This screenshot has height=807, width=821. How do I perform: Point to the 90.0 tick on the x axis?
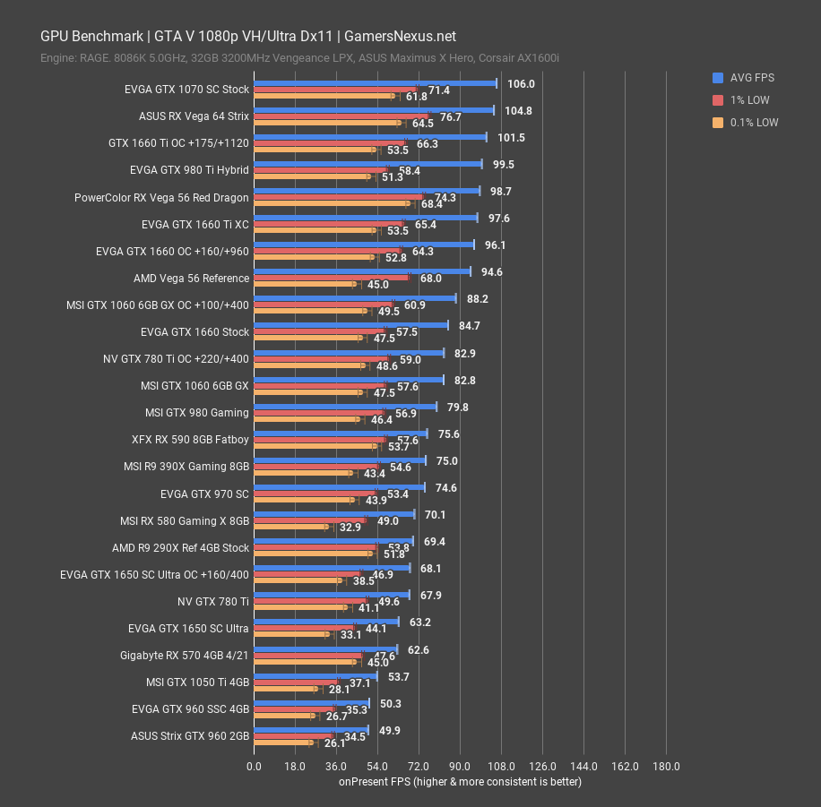click(460, 767)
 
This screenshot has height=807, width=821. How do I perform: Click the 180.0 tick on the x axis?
click(666, 767)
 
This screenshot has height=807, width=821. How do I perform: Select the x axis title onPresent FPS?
click(460, 782)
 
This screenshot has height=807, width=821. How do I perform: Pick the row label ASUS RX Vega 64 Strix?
click(194, 116)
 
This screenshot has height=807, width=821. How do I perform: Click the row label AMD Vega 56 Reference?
click(191, 279)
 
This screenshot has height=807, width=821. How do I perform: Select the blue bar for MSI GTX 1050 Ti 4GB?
click(315, 676)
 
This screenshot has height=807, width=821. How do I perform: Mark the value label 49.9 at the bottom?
click(390, 731)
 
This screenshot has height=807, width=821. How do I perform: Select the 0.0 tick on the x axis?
click(254, 767)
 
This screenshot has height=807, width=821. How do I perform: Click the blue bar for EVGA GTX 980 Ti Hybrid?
click(367, 164)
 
